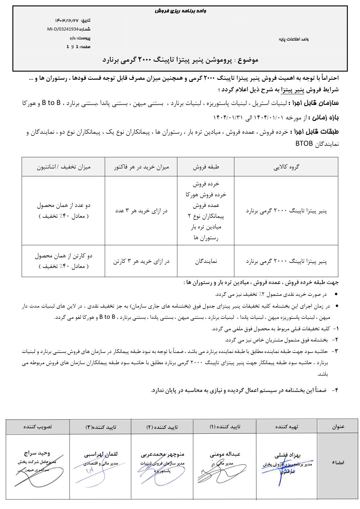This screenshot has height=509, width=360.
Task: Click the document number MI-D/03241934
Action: click(x=63, y=29)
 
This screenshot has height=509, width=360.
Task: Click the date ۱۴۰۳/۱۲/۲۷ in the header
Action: click(x=67, y=21)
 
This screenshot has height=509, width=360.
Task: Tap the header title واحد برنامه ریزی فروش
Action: click(x=180, y=11)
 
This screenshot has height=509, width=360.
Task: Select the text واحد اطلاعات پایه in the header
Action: click(x=293, y=39)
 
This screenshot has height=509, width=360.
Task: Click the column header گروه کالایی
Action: click(x=286, y=167)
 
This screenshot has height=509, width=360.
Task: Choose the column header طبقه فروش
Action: click(x=206, y=167)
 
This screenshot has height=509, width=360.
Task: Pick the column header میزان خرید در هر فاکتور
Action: click(x=141, y=167)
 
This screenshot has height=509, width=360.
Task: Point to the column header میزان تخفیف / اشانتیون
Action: click(x=64, y=167)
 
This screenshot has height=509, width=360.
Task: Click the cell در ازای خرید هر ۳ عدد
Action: click(x=141, y=211)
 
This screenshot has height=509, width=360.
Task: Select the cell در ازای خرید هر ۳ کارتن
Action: click(x=141, y=261)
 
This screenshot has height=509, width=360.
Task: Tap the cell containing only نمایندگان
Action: click(x=206, y=261)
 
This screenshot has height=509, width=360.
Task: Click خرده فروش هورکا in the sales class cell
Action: click(x=206, y=195)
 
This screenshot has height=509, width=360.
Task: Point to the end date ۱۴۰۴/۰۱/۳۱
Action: click(x=228, y=117)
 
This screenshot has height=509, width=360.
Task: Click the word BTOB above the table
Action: click(x=304, y=144)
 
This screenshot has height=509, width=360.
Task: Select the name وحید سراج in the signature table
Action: click(x=37, y=453)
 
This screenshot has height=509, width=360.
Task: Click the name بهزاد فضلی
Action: click(x=287, y=455)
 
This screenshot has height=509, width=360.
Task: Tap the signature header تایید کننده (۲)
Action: click(x=162, y=427)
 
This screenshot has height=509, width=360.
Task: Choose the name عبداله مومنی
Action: click(x=225, y=454)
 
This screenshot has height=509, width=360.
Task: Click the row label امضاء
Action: click(x=338, y=463)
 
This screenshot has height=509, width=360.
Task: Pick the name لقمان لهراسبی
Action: click(x=101, y=454)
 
